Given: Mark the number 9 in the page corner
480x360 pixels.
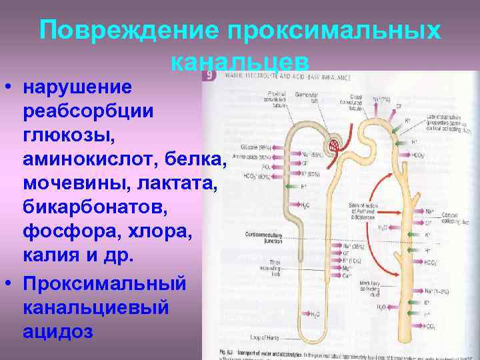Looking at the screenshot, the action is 209,75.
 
